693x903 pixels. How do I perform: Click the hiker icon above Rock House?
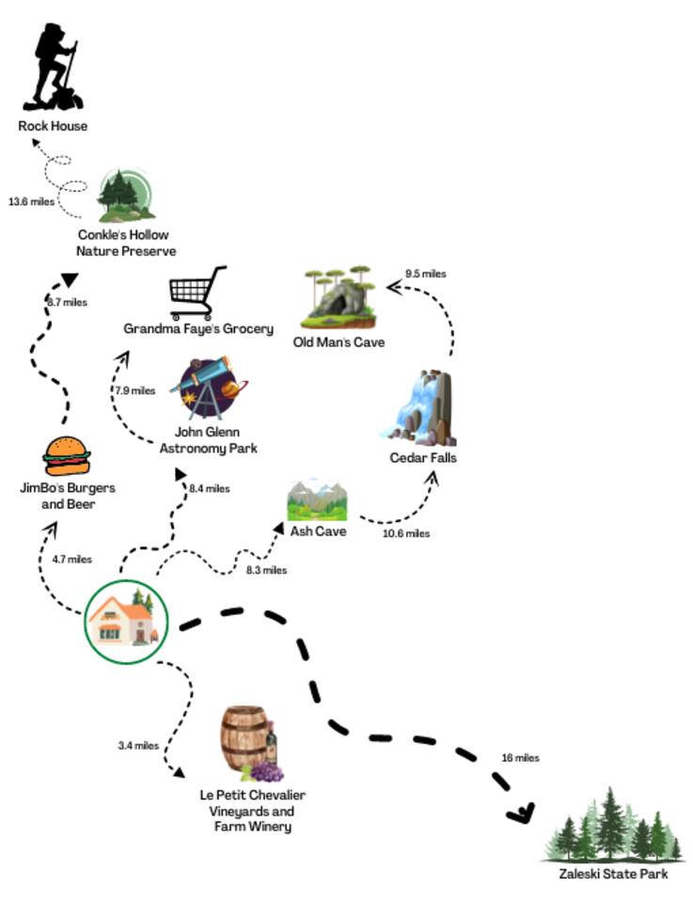click(x=55, y=68)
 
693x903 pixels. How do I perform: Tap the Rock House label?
click(x=53, y=126)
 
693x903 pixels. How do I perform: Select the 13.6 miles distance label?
click(x=32, y=201)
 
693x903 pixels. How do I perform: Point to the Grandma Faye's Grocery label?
click(x=198, y=328)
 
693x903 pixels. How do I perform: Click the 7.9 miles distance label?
click(x=134, y=390)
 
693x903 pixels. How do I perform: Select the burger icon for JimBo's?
click(x=67, y=456)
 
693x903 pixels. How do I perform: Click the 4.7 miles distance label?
click(x=71, y=560)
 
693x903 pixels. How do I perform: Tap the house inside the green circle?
click(x=125, y=622)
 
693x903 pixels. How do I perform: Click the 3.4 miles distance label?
click(x=138, y=746)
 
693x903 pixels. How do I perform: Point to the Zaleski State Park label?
click(x=613, y=874)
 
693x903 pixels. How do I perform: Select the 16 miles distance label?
click(x=521, y=757)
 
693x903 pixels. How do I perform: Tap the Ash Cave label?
click(x=318, y=531)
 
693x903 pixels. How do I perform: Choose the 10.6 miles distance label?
click(x=406, y=533)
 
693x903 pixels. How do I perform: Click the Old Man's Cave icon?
click(x=340, y=294)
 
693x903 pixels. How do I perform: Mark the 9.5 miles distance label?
click(x=425, y=274)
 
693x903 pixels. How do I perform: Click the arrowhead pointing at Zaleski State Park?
click(x=520, y=812)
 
